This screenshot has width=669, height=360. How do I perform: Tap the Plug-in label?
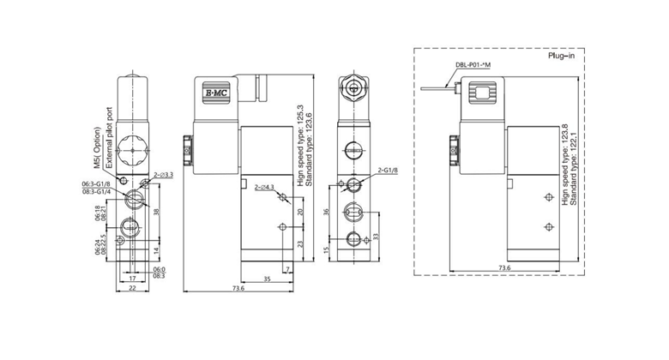click(x=561, y=57)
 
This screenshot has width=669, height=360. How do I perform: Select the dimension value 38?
click(x=156, y=213)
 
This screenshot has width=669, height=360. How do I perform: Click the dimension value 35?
click(x=268, y=279)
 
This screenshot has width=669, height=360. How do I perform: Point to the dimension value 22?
click(x=132, y=288)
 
